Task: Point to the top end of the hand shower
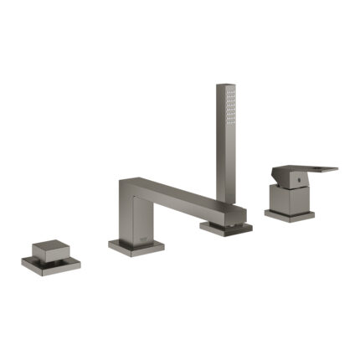[224, 85]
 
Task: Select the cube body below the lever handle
[288, 198]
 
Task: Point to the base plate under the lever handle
[290, 215]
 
